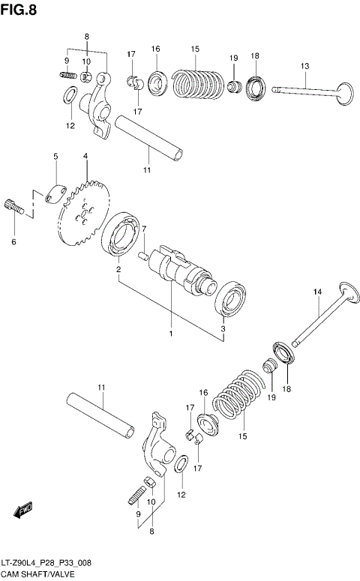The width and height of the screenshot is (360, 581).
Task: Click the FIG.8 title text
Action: (x=19, y=9)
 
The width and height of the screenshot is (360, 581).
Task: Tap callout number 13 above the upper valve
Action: (x=304, y=67)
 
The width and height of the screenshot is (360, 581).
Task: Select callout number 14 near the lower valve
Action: (x=317, y=292)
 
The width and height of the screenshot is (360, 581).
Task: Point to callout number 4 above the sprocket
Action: (x=85, y=156)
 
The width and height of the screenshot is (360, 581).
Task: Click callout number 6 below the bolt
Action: (x=12, y=242)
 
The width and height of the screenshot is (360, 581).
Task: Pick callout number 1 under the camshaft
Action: (x=171, y=333)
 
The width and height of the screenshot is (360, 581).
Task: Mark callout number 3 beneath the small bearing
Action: (x=223, y=328)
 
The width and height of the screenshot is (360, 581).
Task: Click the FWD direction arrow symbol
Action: (x=22, y=510)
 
